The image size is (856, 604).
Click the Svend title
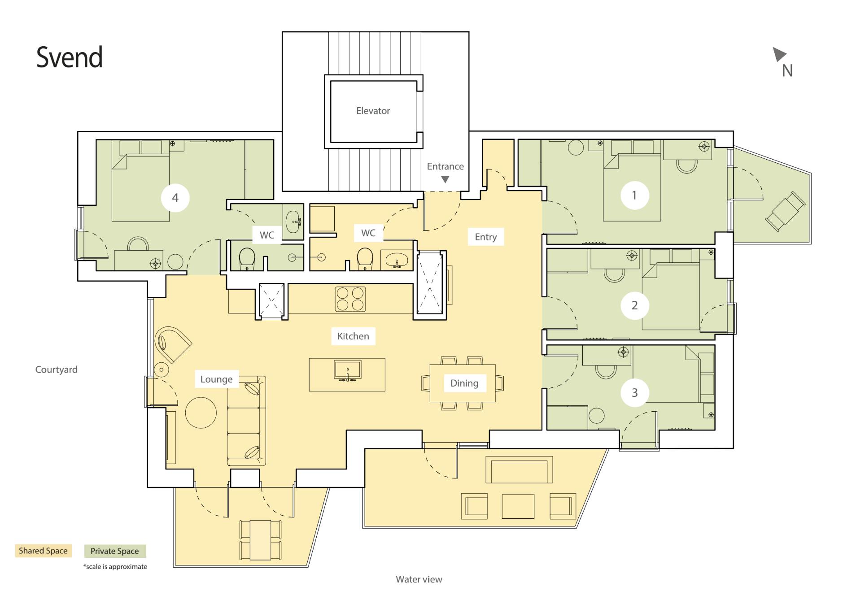pos(70,57)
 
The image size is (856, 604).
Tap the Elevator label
pos(373,111)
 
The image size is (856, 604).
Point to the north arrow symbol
pos(779,54)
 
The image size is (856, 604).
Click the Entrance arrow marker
pos(445,179)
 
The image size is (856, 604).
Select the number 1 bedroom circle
pos(634,195)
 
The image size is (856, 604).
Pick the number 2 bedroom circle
pos(634,305)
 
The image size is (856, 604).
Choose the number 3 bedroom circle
pos(634,392)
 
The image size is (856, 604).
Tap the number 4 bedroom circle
pos(175,197)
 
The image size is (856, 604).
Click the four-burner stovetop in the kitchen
pos(350,299)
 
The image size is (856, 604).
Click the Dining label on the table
pos(464,383)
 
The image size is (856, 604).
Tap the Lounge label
pos(216,379)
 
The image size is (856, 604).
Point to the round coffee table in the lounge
pos(201,413)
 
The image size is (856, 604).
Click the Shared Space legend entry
pos(43,551)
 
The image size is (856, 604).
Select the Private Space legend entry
pos(115,551)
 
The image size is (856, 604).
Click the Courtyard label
pos(57,369)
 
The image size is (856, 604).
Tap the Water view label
pos(419,579)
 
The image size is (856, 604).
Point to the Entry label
pos(486,237)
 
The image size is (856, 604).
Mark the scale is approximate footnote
pos(115,567)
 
